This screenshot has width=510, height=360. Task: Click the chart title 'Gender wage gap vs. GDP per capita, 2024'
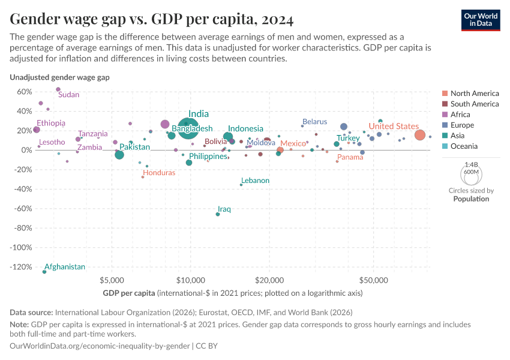[152, 20]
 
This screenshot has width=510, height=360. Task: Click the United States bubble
[420, 136]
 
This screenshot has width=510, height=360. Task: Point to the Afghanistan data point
[44, 272]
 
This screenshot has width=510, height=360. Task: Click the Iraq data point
[218, 214]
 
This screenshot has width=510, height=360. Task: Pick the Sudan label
[68, 94]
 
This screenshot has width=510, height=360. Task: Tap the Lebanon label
[255, 181]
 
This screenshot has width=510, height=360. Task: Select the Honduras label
[159, 173]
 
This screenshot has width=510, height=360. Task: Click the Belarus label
[314, 122]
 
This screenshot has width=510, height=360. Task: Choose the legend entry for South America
[474, 104]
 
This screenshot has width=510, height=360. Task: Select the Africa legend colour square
[445, 115]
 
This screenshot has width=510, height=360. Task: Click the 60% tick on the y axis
[24, 92]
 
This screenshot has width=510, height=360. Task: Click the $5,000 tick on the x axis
[112, 281]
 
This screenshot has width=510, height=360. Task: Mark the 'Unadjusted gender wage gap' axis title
[59, 77]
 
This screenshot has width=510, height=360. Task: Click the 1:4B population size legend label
[472, 164]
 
